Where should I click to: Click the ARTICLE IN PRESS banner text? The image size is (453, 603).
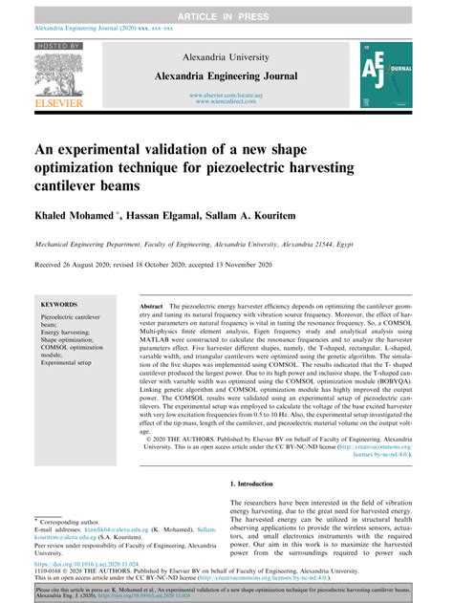pyautogui.click(x=226, y=8)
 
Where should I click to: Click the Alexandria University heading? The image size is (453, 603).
pyautogui.click(x=226, y=56)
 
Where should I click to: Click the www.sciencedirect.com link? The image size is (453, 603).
pyautogui.click(x=226, y=102)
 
